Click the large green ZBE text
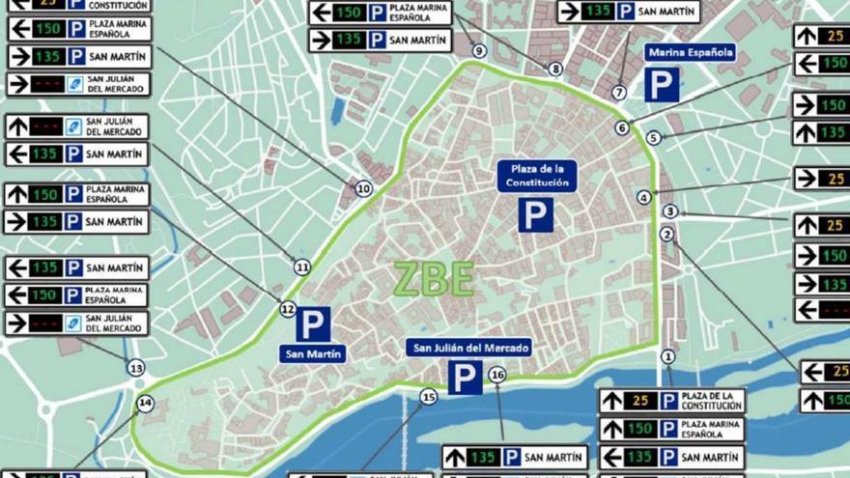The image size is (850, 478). (x=434, y=279)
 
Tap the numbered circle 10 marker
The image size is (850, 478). (x=363, y=189)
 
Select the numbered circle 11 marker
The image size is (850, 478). (x=302, y=267)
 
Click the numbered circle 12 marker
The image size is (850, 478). (x=287, y=310)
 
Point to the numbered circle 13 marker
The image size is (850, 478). (x=136, y=368)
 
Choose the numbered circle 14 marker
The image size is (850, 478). (x=145, y=404)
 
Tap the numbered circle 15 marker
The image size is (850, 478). (x=429, y=397)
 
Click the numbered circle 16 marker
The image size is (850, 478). (x=497, y=375)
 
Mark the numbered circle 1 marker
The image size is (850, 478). (x=667, y=357)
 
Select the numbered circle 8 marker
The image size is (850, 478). (x=554, y=69)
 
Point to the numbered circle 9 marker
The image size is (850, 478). (x=479, y=51)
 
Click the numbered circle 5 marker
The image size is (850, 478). (x=653, y=138)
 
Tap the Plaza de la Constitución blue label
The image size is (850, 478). (x=537, y=176)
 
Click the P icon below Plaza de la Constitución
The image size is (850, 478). (x=536, y=214)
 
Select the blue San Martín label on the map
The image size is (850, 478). (x=313, y=353)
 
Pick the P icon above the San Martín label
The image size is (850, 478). (x=313, y=323)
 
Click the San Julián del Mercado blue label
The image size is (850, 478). (x=468, y=348)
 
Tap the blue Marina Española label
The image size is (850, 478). (x=690, y=52)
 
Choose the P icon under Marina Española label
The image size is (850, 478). (x=662, y=85)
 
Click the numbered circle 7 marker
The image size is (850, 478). (x=619, y=93)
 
